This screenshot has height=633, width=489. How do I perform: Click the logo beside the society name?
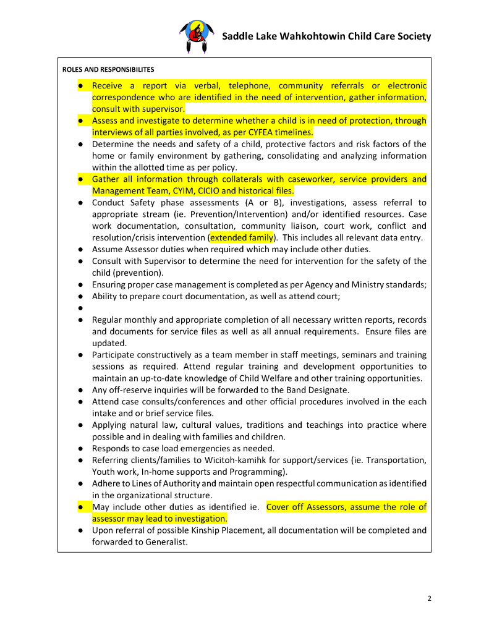pyautogui.click(x=197, y=36)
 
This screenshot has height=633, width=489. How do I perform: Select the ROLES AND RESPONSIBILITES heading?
pyautogui.click(x=108, y=69)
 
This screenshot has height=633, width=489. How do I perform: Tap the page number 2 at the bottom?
pyautogui.click(x=429, y=598)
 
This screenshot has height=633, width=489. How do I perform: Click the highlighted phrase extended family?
pyautogui.click(x=241, y=237)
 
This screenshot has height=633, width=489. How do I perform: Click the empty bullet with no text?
pyautogui.click(x=81, y=308)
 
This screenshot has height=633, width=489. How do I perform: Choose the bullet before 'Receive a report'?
pyautogui.click(x=81, y=86)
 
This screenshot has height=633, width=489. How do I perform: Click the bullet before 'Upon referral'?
pyautogui.click(x=81, y=530)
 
